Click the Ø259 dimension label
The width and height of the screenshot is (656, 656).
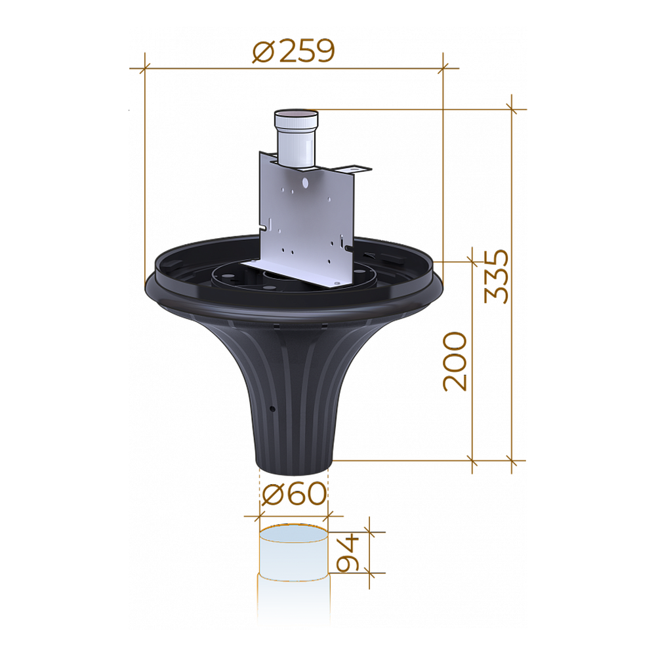click(293, 51)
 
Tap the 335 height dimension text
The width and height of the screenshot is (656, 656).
click(497, 276)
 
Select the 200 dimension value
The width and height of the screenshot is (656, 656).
click(455, 361)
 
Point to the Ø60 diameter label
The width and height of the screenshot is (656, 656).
click(294, 494)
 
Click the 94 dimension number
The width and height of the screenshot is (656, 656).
click(348, 552)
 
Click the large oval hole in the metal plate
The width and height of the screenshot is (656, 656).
click(305, 182)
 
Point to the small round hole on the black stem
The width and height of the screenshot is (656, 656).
click(272, 409)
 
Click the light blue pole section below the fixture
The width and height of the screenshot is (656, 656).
click(294, 552)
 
